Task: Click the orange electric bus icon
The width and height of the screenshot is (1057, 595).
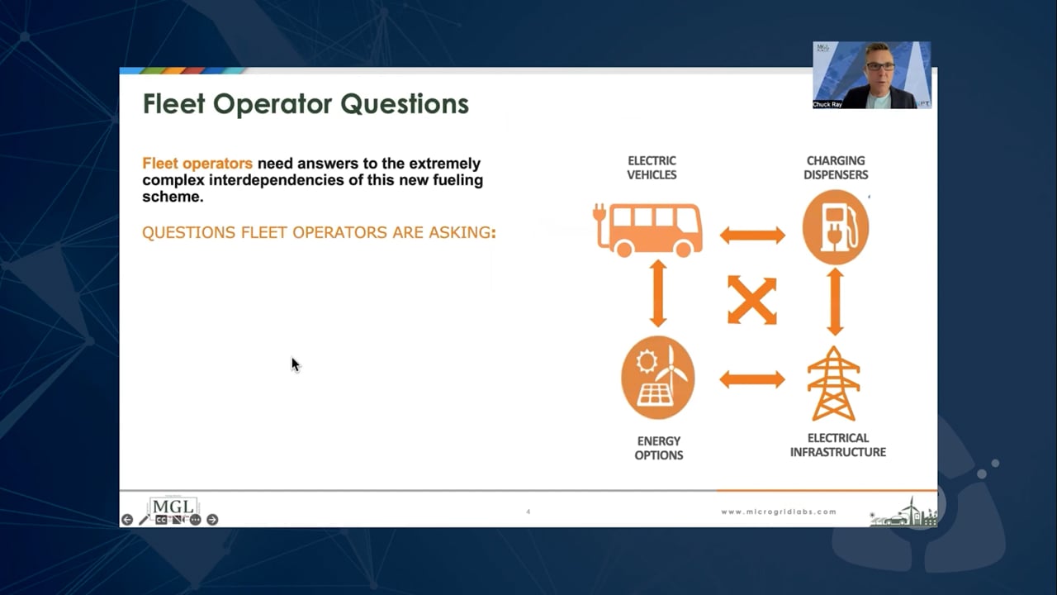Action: (x=649, y=229)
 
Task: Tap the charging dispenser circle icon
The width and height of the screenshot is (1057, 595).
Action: (x=835, y=227)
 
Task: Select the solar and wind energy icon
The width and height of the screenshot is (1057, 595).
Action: (x=658, y=377)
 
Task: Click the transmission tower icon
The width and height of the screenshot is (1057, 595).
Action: (x=833, y=384)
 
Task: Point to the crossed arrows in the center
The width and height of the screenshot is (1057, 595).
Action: (x=751, y=300)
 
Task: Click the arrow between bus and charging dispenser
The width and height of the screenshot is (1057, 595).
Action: (x=751, y=236)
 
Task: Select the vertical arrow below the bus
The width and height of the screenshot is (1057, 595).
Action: (x=658, y=293)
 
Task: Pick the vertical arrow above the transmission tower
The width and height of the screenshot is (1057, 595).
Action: (x=835, y=302)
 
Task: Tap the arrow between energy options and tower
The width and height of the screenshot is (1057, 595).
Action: (x=751, y=379)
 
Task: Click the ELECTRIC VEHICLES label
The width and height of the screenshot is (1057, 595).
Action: (x=652, y=168)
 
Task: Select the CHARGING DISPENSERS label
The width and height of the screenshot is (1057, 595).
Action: (x=836, y=168)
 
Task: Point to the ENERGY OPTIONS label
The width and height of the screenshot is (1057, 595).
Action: (x=658, y=448)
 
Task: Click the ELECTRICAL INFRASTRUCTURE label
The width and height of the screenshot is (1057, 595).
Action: (x=837, y=445)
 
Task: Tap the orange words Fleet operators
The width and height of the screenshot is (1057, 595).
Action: (x=197, y=164)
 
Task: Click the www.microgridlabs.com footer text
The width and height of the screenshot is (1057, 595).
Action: (x=778, y=512)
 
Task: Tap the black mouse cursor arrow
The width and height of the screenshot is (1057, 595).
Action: (x=295, y=364)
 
